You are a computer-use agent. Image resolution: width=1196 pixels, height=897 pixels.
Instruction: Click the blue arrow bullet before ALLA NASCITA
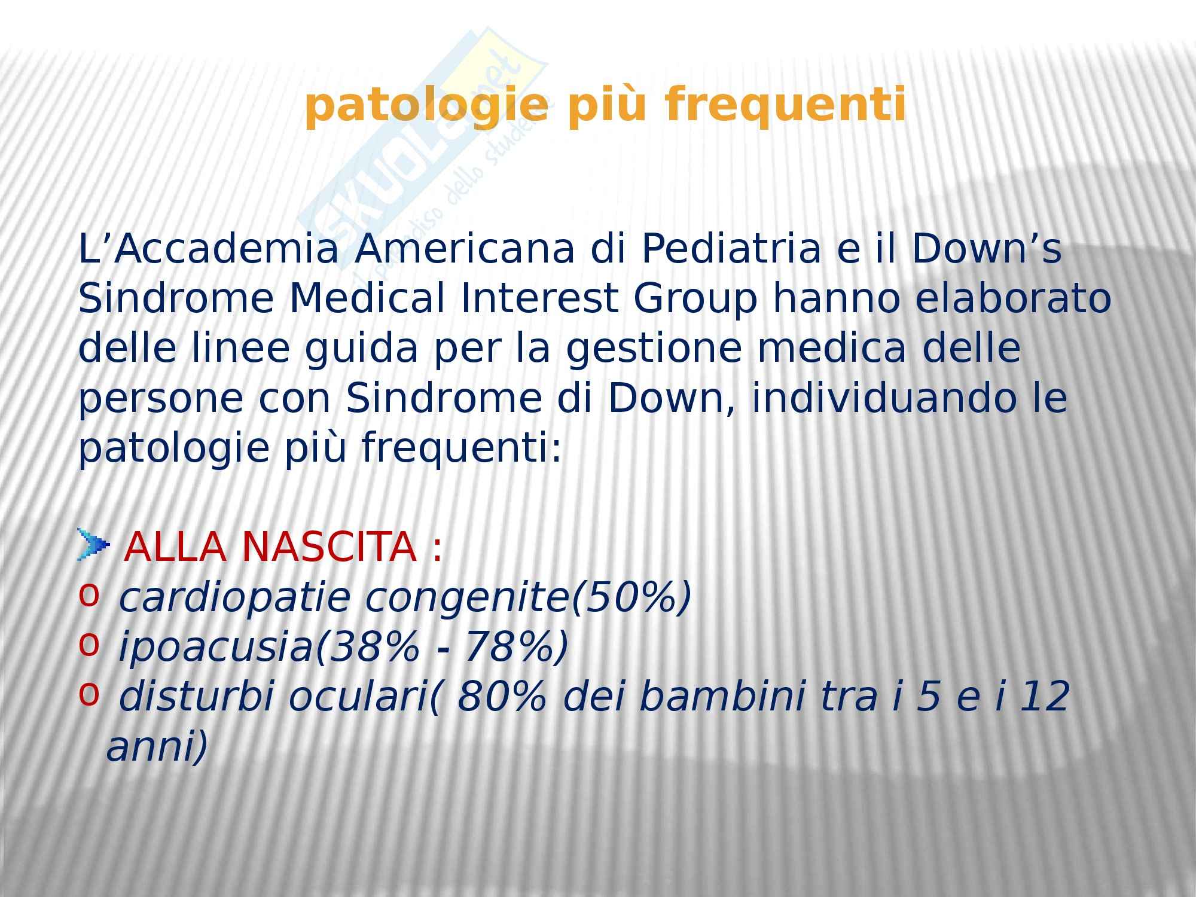pyautogui.click(x=94, y=545)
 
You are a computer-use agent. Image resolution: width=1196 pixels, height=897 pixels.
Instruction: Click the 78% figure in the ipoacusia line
pyautogui.click(x=508, y=647)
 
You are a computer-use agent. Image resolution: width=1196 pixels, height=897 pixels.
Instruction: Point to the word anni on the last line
pyautogui.click(x=149, y=747)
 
